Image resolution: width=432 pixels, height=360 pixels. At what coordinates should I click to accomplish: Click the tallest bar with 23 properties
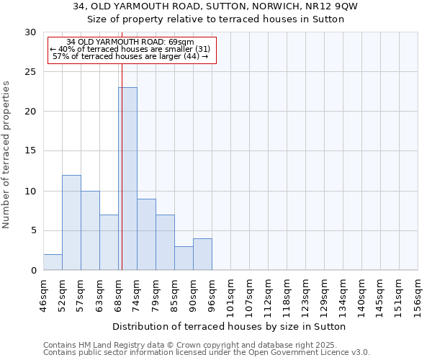[127, 179]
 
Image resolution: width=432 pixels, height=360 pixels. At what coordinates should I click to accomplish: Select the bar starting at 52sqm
[71, 222]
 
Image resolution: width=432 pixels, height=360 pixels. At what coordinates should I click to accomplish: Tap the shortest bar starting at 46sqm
[53, 262]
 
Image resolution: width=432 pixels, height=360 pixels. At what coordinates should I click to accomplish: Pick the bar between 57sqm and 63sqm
[90, 230]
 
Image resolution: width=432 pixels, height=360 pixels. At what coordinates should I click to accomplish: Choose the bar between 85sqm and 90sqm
[184, 258]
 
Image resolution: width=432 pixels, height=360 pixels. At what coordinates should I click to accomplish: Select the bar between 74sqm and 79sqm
[146, 235]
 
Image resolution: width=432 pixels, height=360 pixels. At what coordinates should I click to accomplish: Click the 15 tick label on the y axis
[30, 151]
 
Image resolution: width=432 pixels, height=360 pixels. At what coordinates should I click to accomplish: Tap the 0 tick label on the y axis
[33, 271]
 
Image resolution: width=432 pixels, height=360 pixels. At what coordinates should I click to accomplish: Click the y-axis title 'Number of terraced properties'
[6, 154]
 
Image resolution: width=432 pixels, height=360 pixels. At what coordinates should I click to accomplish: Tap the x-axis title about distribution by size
[230, 326]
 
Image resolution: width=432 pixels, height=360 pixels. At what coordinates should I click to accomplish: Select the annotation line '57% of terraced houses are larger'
[130, 56]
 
